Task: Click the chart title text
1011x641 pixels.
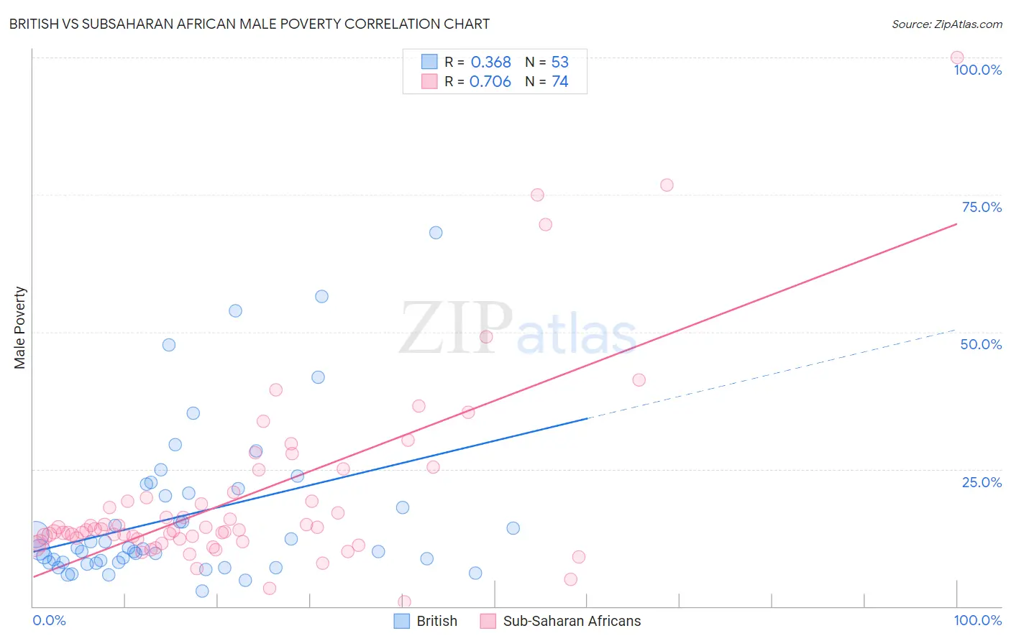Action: pyautogui.click(x=249, y=24)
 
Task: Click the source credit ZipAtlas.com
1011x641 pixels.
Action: pyautogui.click(x=946, y=24)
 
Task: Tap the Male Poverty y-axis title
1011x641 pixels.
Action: pyautogui.click(x=19, y=328)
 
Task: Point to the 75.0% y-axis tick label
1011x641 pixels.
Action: pyautogui.click(x=982, y=207)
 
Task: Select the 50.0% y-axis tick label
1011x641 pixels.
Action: pyautogui.click(x=981, y=344)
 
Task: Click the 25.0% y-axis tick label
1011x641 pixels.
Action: pyautogui.click(x=982, y=482)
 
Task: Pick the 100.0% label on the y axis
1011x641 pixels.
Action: pyautogui.click(x=977, y=70)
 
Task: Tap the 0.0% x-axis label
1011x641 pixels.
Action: pyautogui.click(x=49, y=620)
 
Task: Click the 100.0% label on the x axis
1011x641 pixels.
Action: pyautogui.click(x=977, y=620)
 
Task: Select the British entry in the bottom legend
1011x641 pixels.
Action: pyautogui.click(x=436, y=621)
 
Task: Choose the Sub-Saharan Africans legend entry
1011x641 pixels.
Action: pyautogui.click(x=572, y=621)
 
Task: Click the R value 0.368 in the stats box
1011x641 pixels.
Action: pyautogui.click(x=490, y=63)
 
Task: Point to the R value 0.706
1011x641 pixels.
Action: pyautogui.click(x=490, y=82)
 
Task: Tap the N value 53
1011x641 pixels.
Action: pyautogui.click(x=559, y=63)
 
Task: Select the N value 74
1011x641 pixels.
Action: pyautogui.click(x=559, y=82)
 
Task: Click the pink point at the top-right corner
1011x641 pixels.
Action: pyautogui.click(x=956, y=57)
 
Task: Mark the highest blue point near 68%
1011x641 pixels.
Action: pyautogui.click(x=436, y=233)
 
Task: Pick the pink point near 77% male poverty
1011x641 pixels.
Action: pyautogui.click(x=667, y=185)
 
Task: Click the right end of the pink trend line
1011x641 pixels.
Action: pyautogui.click(x=956, y=224)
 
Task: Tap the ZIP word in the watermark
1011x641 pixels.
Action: pyautogui.click(x=456, y=328)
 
